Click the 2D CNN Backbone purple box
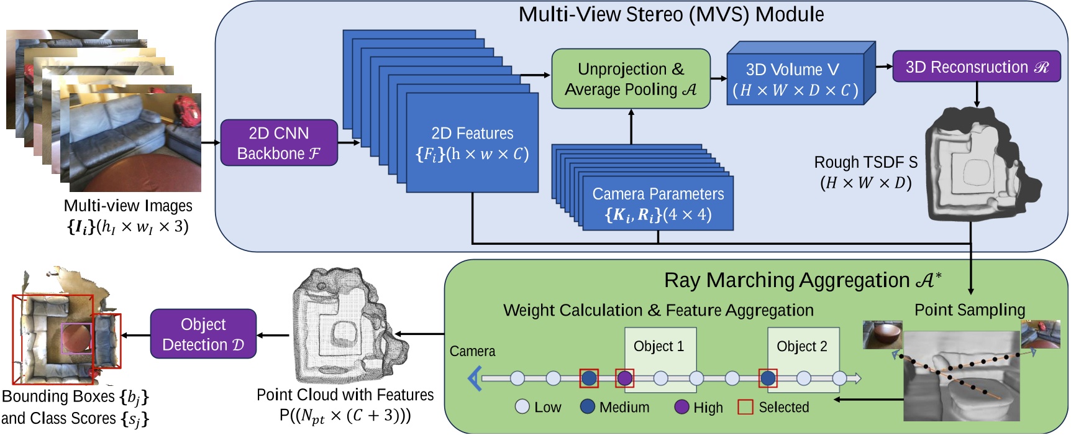pyautogui.click(x=279, y=143)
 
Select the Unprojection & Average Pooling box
pyautogui.click(x=631, y=79)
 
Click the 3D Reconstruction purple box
pyautogui.click(x=976, y=67)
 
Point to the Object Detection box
pyautogui.click(x=203, y=334)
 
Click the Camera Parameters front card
pyautogui.click(x=658, y=204)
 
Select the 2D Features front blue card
pyautogui.click(x=472, y=143)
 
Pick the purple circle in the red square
pyautogui.click(x=624, y=378)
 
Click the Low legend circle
pyautogui.click(x=522, y=407)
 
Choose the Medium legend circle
pyautogui.click(x=587, y=407)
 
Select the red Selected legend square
pyautogui.click(x=745, y=407)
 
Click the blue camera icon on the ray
pyautogui.click(x=475, y=378)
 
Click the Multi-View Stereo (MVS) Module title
pyautogui.click(x=671, y=14)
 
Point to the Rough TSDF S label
pyautogui.click(x=865, y=163)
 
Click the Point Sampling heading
pyautogui.click(x=969, y=309)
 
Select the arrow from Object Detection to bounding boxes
pyautogui.click(x=135, y=336)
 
